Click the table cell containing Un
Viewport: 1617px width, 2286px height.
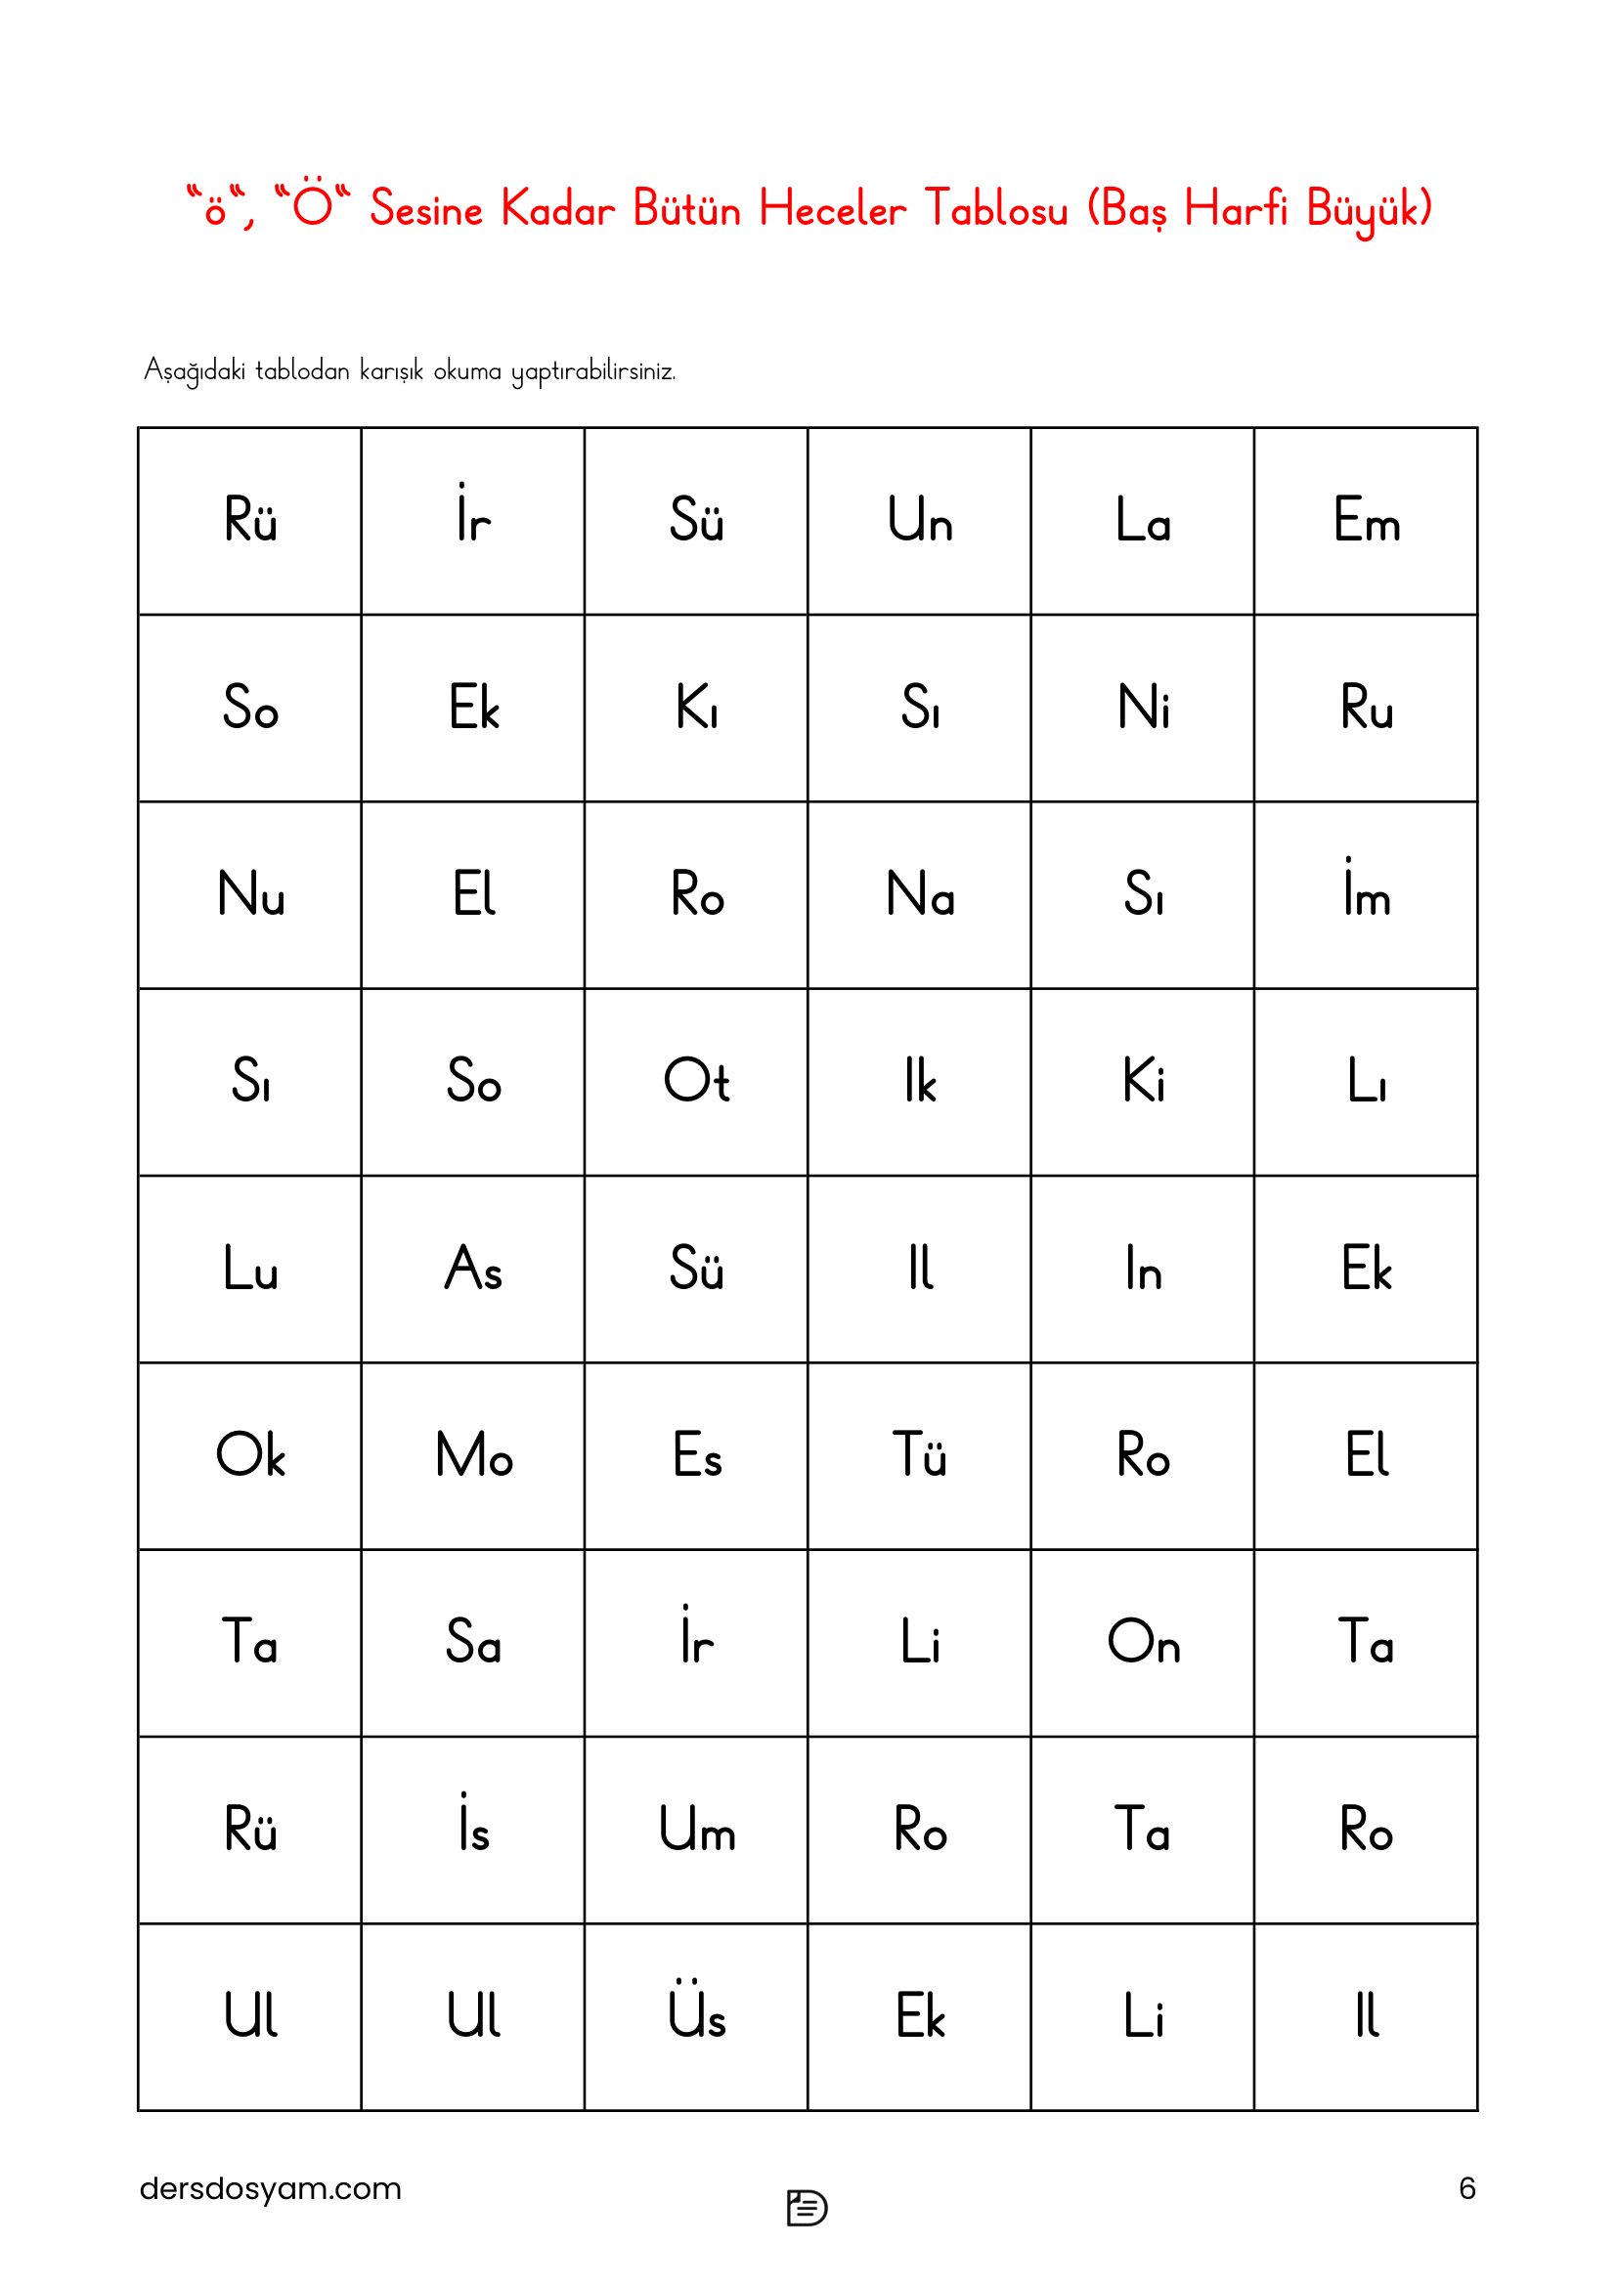pos(919,521)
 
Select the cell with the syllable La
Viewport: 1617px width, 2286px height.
pos(1142,521)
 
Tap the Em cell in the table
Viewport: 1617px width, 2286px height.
pos(1366,521)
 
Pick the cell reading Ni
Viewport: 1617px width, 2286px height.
pos(1142,708)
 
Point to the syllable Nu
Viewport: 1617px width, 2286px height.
pos(250,894)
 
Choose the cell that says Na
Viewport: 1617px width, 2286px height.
pos(919,894)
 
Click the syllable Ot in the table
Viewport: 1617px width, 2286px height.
pos(696,1081)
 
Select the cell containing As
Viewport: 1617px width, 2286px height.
pos(473,1269)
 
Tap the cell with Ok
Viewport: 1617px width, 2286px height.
pos(250,1455)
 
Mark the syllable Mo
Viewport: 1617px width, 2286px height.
pos(473,1455)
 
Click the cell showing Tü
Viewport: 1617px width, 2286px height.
pos(919,1455)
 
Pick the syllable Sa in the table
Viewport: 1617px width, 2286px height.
pos(473,1642)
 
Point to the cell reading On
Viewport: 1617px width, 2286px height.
pos(1142,1642)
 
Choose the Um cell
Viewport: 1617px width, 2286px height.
pos(696,1829)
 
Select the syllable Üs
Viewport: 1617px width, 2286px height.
pos(696,2015)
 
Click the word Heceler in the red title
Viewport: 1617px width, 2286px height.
pos(831,209)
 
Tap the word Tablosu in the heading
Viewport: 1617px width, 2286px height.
pos(994,209)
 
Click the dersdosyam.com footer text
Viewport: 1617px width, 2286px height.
pos(270,2188)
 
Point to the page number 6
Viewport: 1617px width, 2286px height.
pos(1466,2188)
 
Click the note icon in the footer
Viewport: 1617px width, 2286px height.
pos(807,2208)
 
